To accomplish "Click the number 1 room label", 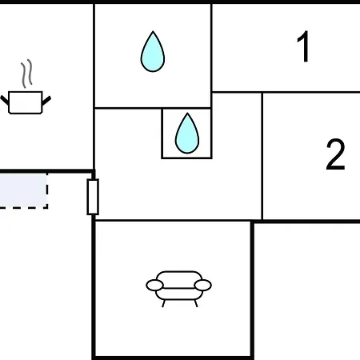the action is pyautogui.click(x=303, y=46).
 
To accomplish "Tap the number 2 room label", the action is pyautogui.click(x=335, y=154).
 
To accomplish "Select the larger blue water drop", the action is pyautogui.click(x=153, y=52).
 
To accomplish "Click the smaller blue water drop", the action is pyautogui.click(x=187, y=134).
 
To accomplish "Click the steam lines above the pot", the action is pyautogui.click(x=26, y=74).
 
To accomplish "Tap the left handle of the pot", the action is pyautogui.click(x=5, y=100).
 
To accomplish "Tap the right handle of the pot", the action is pyautogui.click(x=46, y=101).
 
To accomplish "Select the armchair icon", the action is pyautogui.click(x=179, y=289).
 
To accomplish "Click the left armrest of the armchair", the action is pyautogui.click(x=154, y=285).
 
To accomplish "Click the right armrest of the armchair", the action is pyautogui.click(x=203, y=285).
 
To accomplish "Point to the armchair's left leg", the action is pyautogui.click(x=163, y=303).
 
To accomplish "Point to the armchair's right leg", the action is pyautogui.click(x=196, y=303).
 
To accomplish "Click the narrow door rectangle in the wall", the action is pyautogui.click(x=93, y=197).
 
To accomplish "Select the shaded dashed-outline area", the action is pyautogui.click(x=23, y=190).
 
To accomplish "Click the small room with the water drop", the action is pyautogui.click(x=186, y=134).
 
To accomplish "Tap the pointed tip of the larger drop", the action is pyautogui.click(x=153, y=31).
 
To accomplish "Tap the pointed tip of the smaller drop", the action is pyautogui.click(x=187, y=114).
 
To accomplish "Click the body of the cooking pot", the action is pyautogui.click(x=26, y=102).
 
